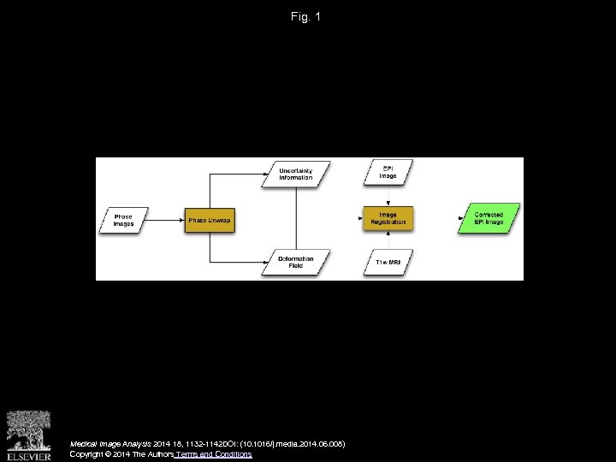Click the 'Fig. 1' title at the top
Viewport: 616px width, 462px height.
point(305,16)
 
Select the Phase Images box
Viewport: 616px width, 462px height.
point(124,220)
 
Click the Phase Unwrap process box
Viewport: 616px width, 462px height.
point(210,220)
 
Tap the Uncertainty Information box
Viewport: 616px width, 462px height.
point(295,175)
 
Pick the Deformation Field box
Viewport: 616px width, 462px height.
point(295,262)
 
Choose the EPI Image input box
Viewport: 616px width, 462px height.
point(388,173)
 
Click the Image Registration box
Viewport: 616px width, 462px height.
point(388,219)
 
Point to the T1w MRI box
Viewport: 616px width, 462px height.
point(388,262)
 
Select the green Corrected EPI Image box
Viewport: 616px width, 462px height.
point(489,219)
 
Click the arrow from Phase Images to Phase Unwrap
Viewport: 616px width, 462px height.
point(167,220)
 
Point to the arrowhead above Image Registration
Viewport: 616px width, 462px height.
point(388,203)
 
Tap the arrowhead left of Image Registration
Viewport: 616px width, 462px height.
point(361,219)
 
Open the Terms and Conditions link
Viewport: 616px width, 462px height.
point(214,454)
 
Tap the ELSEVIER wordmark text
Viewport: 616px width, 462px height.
point(28,455)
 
